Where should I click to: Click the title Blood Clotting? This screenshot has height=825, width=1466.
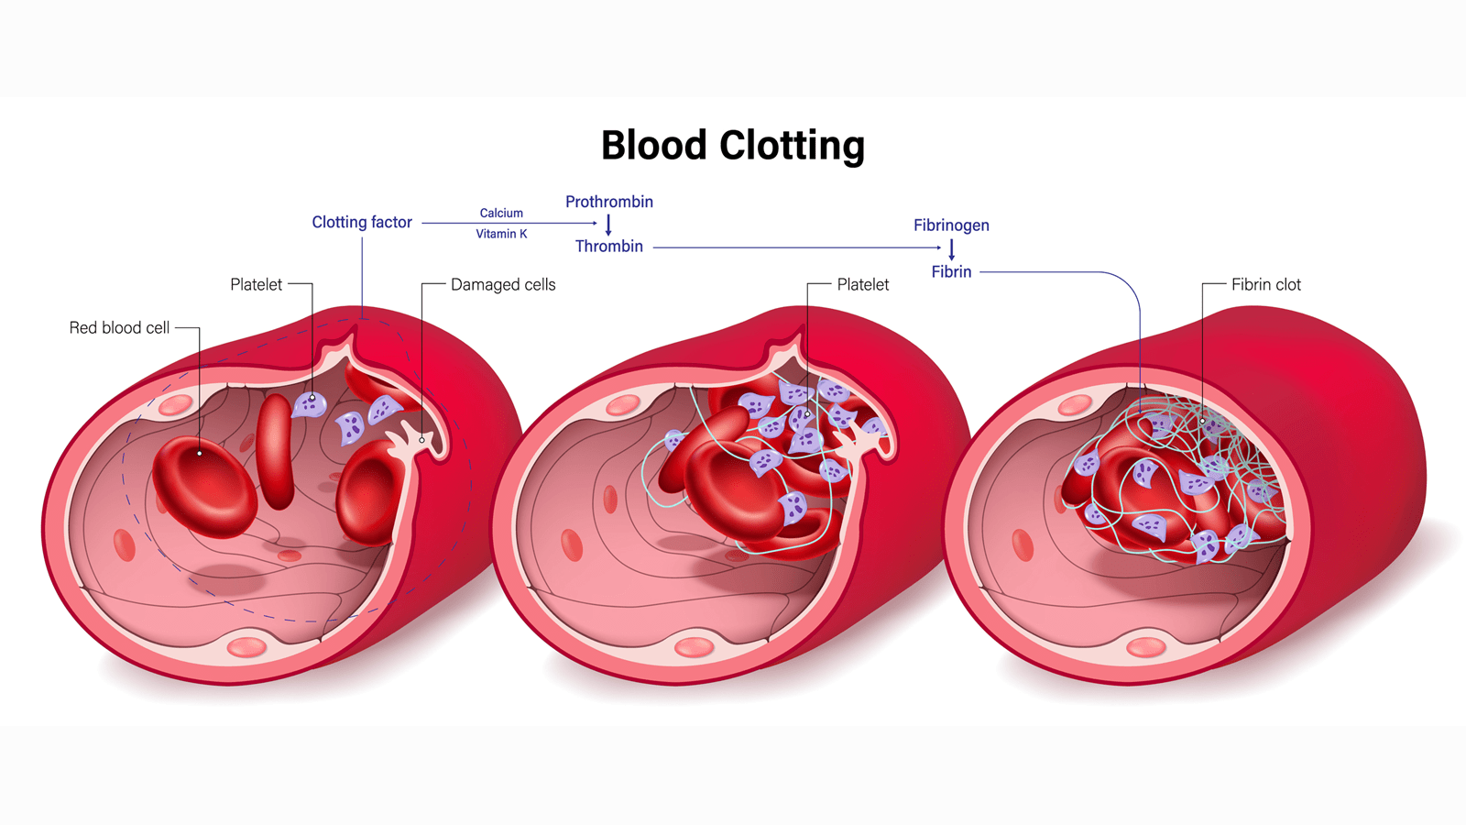pos(732,146)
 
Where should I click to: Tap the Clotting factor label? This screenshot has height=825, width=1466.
pos(362,222)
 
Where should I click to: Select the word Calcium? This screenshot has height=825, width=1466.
pos(501,213)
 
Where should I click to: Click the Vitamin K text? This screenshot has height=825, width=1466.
pos(501,234)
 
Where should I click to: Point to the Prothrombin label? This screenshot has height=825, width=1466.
pos(608,202)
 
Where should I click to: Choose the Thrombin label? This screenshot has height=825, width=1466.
pos(608,247)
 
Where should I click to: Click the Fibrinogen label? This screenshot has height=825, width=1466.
pos(951,225)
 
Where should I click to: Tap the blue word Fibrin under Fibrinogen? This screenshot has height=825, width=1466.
pos(951,272)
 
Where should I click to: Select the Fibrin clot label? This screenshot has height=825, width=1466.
pos(1265,285)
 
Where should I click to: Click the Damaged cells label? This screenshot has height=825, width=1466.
pos(503,285)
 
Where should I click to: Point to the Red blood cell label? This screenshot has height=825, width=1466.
pos(119,328)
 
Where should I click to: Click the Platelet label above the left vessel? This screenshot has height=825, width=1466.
pos(256,285)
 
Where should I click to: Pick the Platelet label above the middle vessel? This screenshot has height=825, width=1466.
pos(862,285)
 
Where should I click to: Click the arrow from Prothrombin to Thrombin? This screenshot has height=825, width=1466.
pos(608,225)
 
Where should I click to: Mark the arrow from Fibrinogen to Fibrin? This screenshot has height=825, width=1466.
pos(951,249)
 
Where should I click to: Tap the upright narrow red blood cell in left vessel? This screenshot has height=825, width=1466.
pos(275,451)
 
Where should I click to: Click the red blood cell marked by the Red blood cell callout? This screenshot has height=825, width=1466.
pos(204,486)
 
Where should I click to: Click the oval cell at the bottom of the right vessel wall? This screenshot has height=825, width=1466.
pos(1145,648)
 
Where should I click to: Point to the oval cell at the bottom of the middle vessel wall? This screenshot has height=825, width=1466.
pos(694,648)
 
